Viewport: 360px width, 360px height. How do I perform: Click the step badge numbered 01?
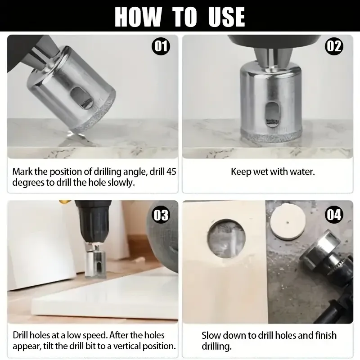[161, 47]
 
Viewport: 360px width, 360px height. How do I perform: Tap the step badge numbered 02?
[334, 47]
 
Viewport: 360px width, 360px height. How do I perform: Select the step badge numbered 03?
[161, 215]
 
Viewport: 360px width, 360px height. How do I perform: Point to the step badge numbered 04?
[334, 215]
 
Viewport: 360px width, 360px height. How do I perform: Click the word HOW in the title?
[138, 17]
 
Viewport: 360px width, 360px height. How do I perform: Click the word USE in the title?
[226, 17]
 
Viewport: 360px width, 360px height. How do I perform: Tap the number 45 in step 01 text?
[171, 172]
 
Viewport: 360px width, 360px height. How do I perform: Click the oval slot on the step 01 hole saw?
[82, 99]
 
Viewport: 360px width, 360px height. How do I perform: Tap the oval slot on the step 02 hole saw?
[272, 114]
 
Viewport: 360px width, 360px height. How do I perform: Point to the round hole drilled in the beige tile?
[226, 238]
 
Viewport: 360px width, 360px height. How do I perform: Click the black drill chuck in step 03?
[94, 221]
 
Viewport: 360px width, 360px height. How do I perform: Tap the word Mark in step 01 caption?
[21, 172]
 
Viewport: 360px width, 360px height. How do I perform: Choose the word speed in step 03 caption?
[95, 335]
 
